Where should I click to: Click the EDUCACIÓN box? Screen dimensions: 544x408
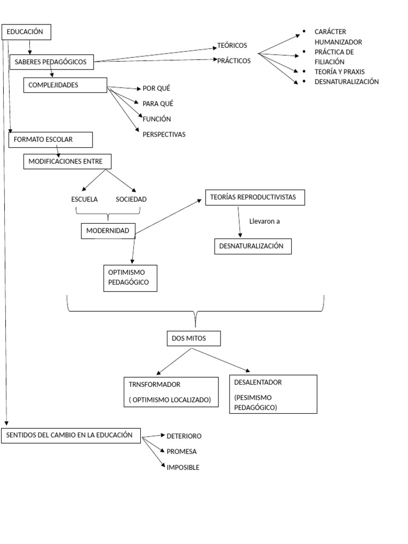tap(27, 32)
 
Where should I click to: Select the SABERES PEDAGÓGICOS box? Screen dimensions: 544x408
tap(52, 62)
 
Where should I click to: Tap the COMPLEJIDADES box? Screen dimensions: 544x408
tap(65, 85)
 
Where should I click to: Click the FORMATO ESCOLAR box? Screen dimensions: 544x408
tap(50, 140)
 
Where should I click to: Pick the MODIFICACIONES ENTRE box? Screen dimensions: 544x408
tap(67, 161)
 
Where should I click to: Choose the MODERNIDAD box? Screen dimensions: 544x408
tap(108, 231)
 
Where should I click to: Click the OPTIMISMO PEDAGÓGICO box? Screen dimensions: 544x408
tap(130, 278)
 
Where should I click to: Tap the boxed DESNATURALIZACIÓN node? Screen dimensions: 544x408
tap(252, 246)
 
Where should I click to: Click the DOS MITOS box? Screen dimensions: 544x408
tap(193, 338)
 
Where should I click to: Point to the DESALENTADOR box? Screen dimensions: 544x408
tap(273, 394)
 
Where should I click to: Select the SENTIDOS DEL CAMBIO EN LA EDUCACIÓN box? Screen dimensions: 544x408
tap(71, 435)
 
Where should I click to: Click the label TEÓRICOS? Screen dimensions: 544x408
tap(232, 46)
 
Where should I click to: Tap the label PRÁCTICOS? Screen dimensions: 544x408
tap(234, 61)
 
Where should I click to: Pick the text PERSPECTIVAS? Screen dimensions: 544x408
tap(164, 134)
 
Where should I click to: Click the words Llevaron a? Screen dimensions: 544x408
tap(265, 222)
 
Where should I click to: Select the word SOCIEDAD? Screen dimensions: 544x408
tap(131, 200)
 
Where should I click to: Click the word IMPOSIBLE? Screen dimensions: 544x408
tap(183, 468)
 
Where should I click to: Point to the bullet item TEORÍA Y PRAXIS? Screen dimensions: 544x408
tap(339, 72)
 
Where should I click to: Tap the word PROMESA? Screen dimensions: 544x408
tap(182, 452)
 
